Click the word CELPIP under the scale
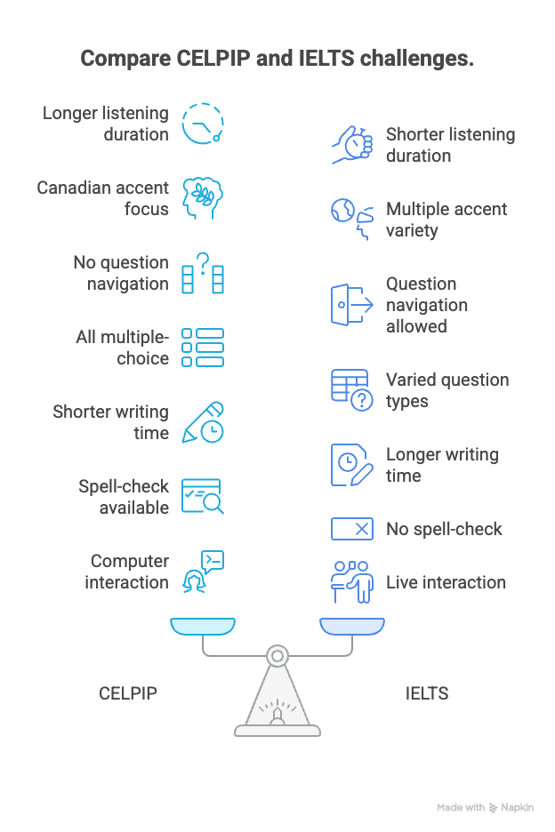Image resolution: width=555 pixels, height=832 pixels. pos(128,693)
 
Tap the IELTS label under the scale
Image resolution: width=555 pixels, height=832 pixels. pos(426,693)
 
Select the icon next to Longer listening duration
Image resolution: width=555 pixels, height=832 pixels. pos(203,123)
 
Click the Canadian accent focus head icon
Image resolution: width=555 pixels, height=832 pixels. pos(203,198)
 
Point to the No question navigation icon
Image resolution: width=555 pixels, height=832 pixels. pos(203,273)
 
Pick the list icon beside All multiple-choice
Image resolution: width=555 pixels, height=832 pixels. pos(203,348)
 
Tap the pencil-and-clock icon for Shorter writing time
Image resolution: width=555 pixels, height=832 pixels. pos(203,422)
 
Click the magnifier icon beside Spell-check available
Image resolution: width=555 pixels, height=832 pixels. pos(203,497)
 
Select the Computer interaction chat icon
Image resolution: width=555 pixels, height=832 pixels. pos(204,572)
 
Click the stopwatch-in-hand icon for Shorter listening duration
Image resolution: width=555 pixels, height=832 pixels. pos(352,145)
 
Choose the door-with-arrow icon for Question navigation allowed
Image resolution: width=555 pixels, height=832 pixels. pos(352,305)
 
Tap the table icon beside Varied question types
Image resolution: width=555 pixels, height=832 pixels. pos(352,390)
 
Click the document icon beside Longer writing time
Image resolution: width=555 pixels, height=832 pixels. pos(352,465)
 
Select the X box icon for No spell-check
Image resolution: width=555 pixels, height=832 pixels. pos(352,529)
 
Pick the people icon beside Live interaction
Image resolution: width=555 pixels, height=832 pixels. pos(352,582)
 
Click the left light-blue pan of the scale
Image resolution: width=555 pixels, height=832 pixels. pos(203,627)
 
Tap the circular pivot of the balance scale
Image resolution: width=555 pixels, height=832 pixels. pos(277,656)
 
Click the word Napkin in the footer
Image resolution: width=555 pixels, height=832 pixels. pos(518,807)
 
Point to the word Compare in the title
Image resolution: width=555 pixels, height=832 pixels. pos(125,59)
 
